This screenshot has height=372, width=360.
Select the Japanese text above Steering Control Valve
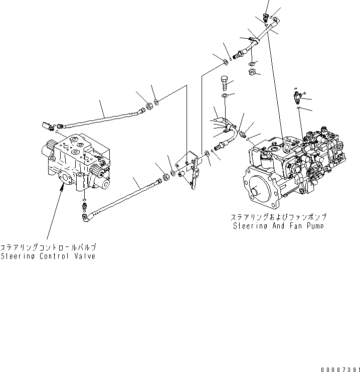coord(48,247)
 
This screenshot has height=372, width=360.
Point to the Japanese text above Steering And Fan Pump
coord(278,217)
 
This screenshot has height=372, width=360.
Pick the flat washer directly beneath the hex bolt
coord(225,95)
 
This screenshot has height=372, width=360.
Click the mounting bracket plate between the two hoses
coord(193,169)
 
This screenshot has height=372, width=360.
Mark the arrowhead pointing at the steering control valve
coord(62,189)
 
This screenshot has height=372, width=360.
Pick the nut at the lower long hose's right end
coord(164,177)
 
